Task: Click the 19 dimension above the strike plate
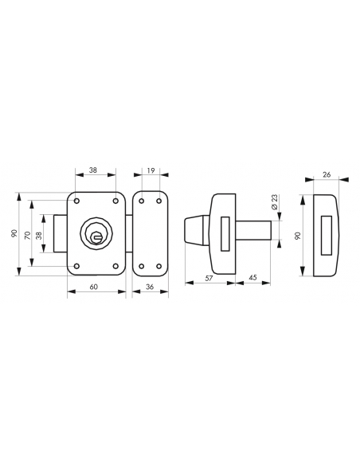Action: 151,170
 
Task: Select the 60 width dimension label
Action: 94,287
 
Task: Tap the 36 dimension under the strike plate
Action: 150,287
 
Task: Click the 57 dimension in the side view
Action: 209,279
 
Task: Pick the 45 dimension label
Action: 252,278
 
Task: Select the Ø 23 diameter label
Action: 274,202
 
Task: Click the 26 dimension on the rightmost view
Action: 327,174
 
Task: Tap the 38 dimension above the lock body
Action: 93,170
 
